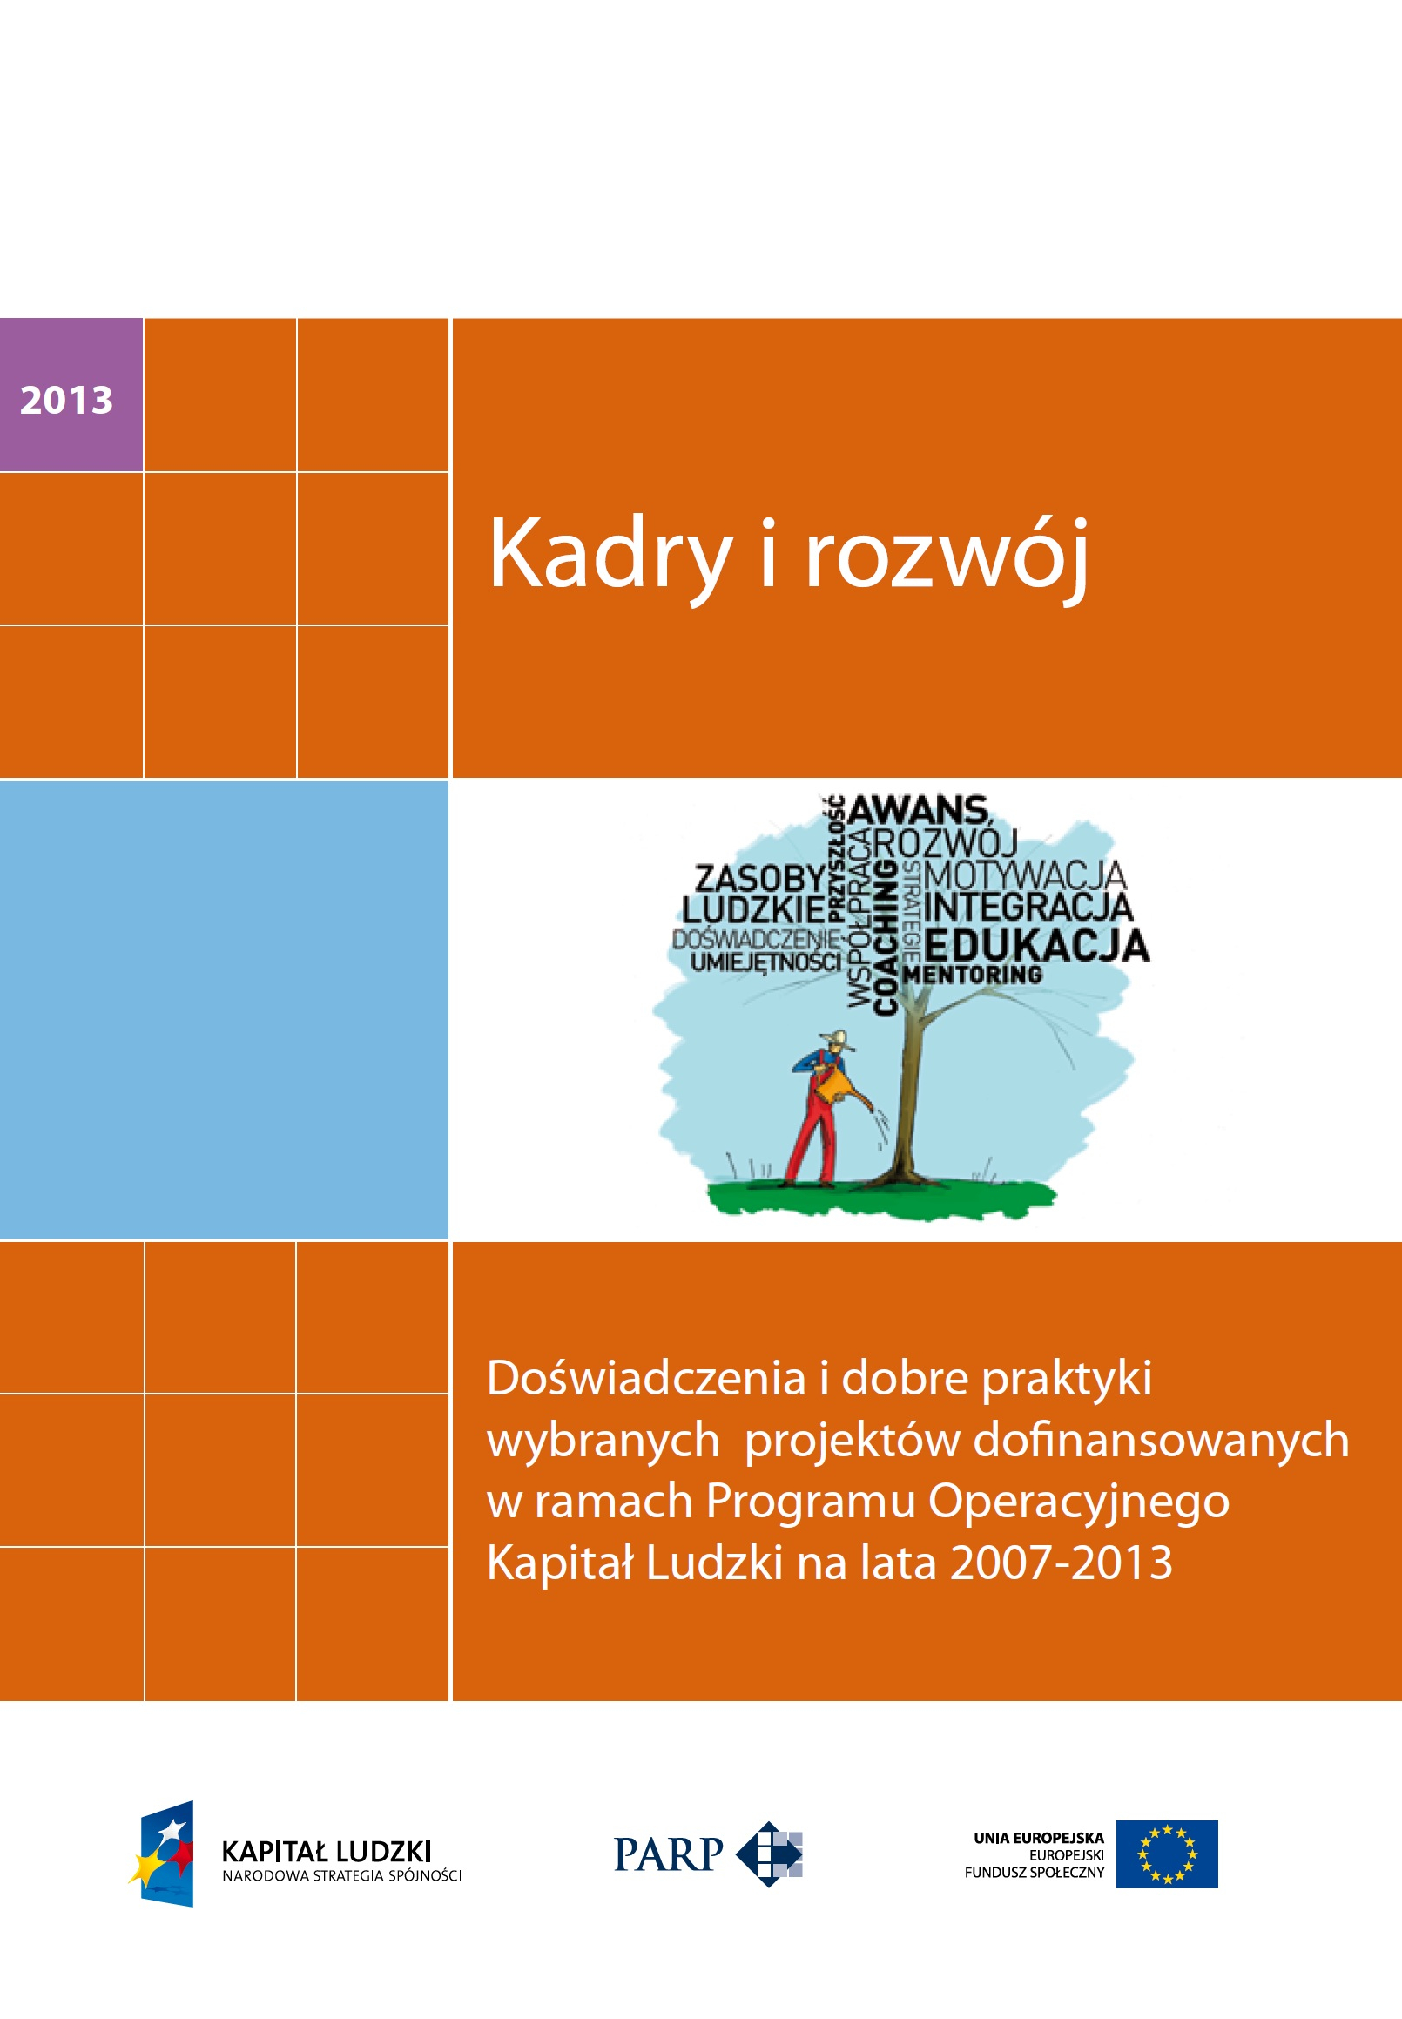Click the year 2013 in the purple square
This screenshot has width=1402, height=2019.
point(67,401)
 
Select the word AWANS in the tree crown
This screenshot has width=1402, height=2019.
point(918,810)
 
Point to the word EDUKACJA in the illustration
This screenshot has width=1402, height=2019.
point(1035,946)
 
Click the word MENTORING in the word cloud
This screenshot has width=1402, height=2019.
point(973,975)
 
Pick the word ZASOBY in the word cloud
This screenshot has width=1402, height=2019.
point(759,878)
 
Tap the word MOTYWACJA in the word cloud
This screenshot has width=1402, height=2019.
point(1024,875)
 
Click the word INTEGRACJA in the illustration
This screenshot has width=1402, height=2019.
point(1028,908)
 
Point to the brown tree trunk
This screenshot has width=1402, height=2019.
point(905,1098)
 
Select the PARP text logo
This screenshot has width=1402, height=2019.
point(668,1854)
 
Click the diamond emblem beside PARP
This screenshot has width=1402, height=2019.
point(769,1854)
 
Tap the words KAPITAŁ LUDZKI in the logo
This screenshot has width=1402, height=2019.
point(326,1851)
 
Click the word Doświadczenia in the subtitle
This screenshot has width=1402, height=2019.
point(645,1378)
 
